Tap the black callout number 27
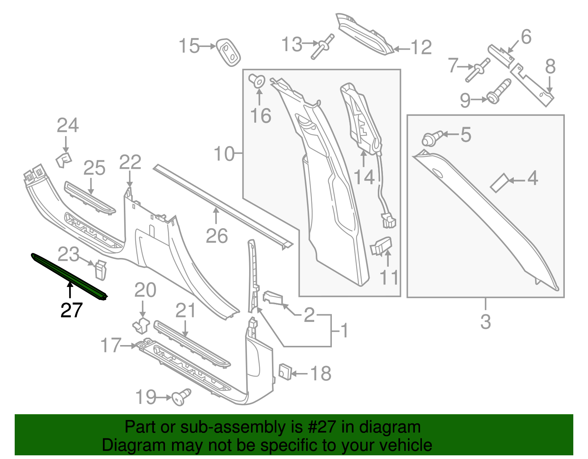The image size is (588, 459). [x=71, y=311]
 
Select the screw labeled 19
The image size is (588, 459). [x=182, y=397]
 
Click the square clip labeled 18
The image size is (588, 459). [x=285, y=372]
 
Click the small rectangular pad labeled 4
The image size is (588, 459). [x=499, y=183]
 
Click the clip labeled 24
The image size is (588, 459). [x=64, y=160]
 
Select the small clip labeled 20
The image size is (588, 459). [x=141, y=324]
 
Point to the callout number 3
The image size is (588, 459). [x=485, y=322]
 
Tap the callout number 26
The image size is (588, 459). [x=216, y=236]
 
